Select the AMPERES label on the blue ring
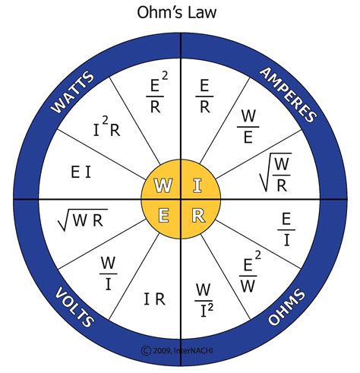pyautogui.click(x=286, y=93)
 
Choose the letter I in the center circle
pyautogui.click(x=197, y=185)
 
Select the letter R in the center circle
pyautogui.click(x=197, y=216)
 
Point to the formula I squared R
pyautogui.click(x=108, y=130)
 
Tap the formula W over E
pyautogui.click(x=248, y=126)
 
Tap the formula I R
pyautogui.click(x=154, y=299)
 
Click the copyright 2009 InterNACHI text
pyautogui.click(x=180, y=350)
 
